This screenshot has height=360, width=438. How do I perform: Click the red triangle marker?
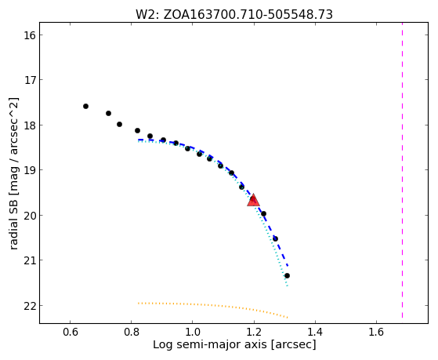[253, 200]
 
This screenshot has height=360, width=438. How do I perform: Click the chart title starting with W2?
[234, 14]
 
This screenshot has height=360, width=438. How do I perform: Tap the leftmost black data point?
[85, 107]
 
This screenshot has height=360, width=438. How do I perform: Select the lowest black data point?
[287, 276]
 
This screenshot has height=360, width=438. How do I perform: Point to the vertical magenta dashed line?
[402, 170]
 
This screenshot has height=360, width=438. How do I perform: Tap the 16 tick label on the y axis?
[27, 35]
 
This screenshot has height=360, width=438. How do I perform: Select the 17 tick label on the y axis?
[27, 80]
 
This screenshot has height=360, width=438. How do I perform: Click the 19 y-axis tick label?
[27, 170]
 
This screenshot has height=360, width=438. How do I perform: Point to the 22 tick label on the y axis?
[27, 306]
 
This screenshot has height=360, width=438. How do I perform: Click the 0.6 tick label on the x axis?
[70, 332]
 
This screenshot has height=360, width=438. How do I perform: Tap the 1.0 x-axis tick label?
[193, 332]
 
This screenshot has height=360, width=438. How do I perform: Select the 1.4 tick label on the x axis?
[315, 332]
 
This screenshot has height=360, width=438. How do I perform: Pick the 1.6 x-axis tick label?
[376, 332]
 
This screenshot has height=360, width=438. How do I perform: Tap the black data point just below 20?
[263, 213]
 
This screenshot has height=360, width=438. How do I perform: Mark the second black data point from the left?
[108, 113]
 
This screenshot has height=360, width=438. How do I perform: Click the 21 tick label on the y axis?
[27, 260]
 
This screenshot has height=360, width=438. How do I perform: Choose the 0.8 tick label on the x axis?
[131, 332]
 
